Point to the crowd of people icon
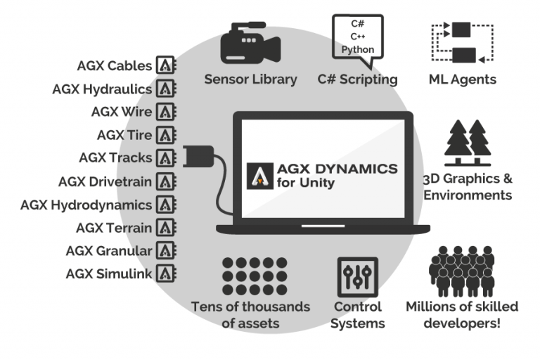[x=462, y=270]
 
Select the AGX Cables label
[x=115, y=66]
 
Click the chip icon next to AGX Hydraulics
[x=166, y=89]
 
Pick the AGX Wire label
[x=122, y=112]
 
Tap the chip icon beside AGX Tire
[x=166, y=135]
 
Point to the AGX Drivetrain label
[x=105, y=181]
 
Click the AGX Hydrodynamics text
[x=86, y=205]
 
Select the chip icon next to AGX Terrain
[x=166, y=228]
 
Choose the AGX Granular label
[x=109, y=250]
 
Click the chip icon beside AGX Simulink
[x=166, y=274]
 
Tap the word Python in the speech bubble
[x=358, y=49]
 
